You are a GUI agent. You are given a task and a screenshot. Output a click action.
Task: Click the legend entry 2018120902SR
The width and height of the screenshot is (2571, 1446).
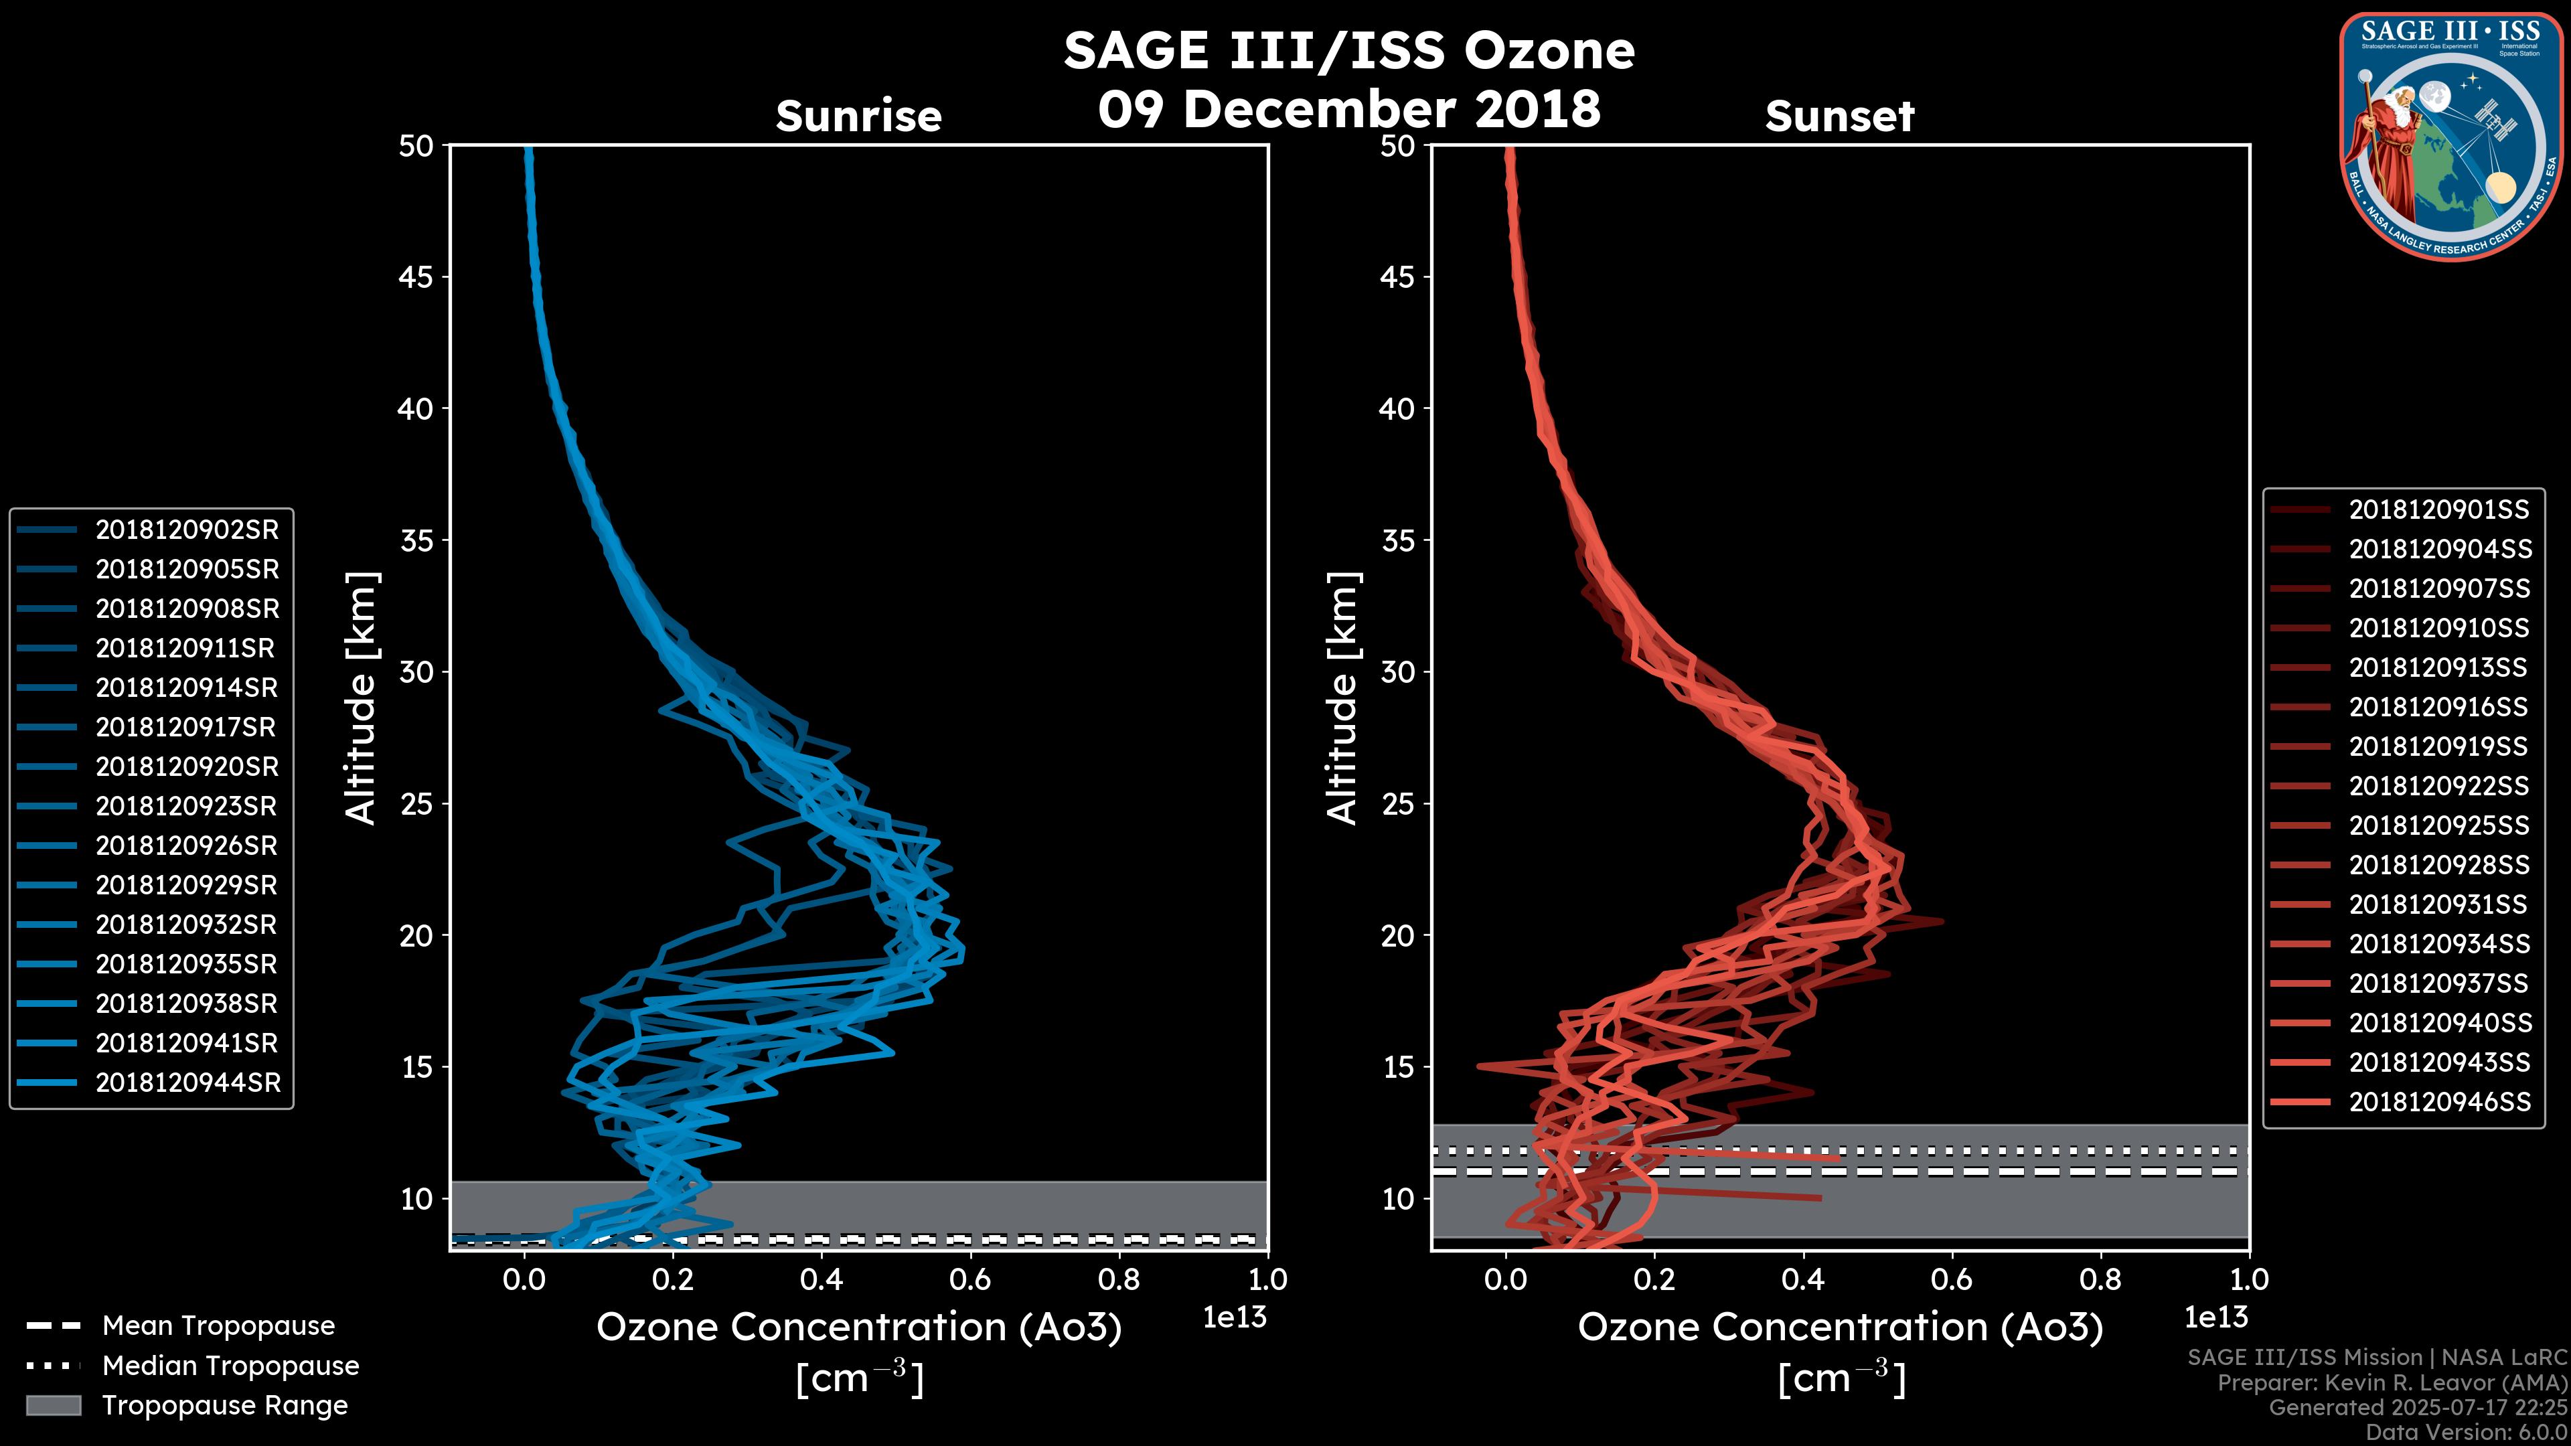(x=187, y=530)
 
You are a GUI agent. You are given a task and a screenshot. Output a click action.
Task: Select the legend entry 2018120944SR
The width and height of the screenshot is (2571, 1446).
(x=187, y=1082)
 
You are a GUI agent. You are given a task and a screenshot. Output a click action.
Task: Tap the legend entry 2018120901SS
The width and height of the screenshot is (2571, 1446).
(x=2438, y=510)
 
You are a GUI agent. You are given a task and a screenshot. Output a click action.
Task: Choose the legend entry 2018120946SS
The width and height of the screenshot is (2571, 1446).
(x=2439, y=1102)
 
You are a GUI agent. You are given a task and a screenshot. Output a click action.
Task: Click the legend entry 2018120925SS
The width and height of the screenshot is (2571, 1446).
(x=2438, y=825)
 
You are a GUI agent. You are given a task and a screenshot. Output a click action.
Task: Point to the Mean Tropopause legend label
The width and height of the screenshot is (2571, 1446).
(x=218, y=1325)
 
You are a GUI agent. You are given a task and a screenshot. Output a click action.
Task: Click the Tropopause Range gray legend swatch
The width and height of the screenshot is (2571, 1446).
(x=53, y=1405)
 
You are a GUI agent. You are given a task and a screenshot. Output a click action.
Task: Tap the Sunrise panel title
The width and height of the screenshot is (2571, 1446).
(x=858, y=116)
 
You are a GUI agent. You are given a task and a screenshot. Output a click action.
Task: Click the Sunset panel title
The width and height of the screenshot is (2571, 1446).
(x=1839, y=116)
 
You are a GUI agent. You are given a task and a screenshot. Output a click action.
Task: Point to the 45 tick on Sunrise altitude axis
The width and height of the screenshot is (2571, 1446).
(x=416, y=277)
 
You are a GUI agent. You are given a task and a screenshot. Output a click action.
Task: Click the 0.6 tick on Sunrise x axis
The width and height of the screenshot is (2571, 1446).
(x=970, y=1279)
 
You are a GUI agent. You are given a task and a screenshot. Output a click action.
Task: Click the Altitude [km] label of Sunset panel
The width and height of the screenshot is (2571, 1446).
(x=1343, y=698)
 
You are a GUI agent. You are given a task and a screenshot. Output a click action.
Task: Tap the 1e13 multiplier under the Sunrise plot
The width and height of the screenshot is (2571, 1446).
(x=1235, y=1317)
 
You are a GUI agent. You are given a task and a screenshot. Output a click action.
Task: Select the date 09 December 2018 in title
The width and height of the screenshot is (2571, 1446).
(x=1349, y=108)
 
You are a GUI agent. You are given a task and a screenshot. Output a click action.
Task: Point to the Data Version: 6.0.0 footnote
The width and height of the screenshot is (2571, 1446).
(x=2467, y=1432)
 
